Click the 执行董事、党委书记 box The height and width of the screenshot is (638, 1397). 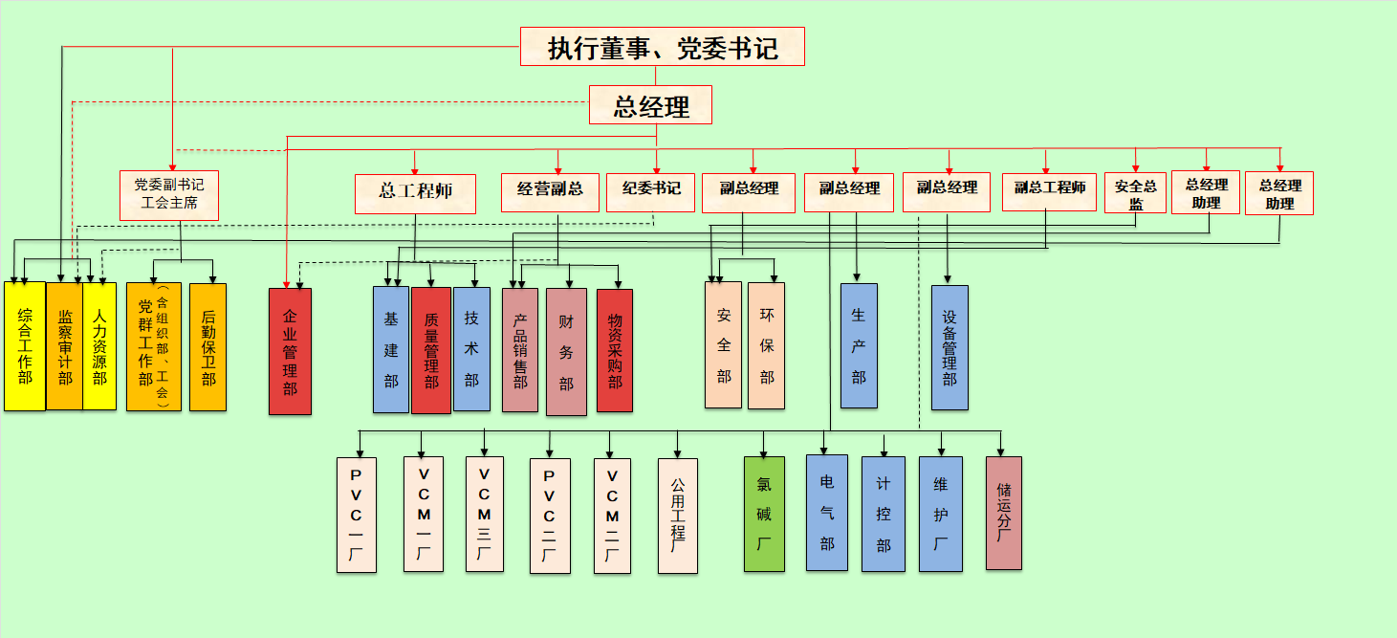pyautogui.click(x=662, y=47)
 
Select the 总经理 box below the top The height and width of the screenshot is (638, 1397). pyautogui.click(x=650, y=105)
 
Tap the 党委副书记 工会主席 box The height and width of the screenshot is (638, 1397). pyautogui.click(x=169, y=195)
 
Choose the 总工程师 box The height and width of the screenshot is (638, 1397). pyautogui.click(x=415, y=192)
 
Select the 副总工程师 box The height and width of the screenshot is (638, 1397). pyautogui.click(x=1049, y=190)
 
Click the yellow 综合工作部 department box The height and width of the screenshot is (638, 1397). pyautogui.click(x=25, y=346)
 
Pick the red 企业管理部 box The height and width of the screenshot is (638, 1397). pyautogui.click(x=290, y=350)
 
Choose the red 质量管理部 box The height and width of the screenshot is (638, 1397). pyautogui.click(x=430, y=350)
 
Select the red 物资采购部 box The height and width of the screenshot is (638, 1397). pyautogui.click(x=615, y=350)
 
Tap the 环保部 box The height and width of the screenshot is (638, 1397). pyautogui.click(x=766, y=345)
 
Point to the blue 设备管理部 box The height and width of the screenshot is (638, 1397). pyautogui.click(x=950, y=347)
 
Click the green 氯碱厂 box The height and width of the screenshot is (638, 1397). pyautogui.click(x=764, y=515)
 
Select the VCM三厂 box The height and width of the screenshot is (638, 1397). pyautogui.click(x=485, y=515)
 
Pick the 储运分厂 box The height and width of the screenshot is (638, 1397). pyautogui.click(x=1003, y=513)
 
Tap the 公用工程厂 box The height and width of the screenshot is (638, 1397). pyautogui.click(x=678, y=516)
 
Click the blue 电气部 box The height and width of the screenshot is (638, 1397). pyautogui.click(x=826, y=513)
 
